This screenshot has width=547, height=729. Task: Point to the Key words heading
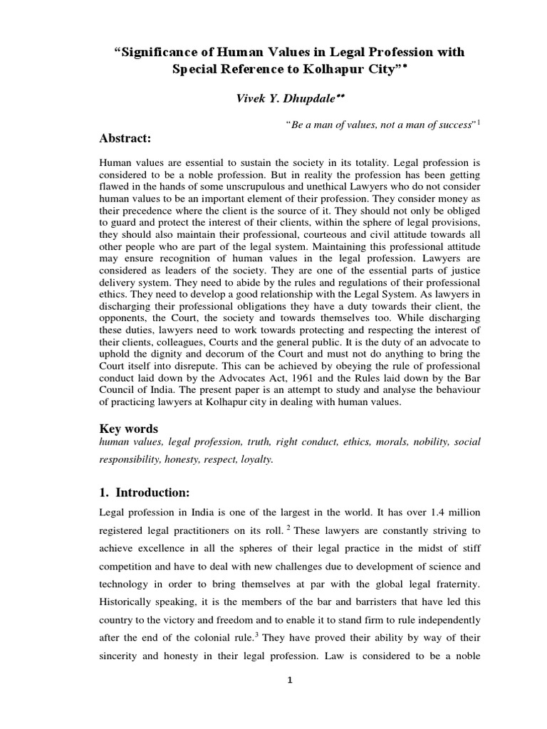point(128,429)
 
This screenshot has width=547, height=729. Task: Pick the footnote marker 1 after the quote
point(479,122)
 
